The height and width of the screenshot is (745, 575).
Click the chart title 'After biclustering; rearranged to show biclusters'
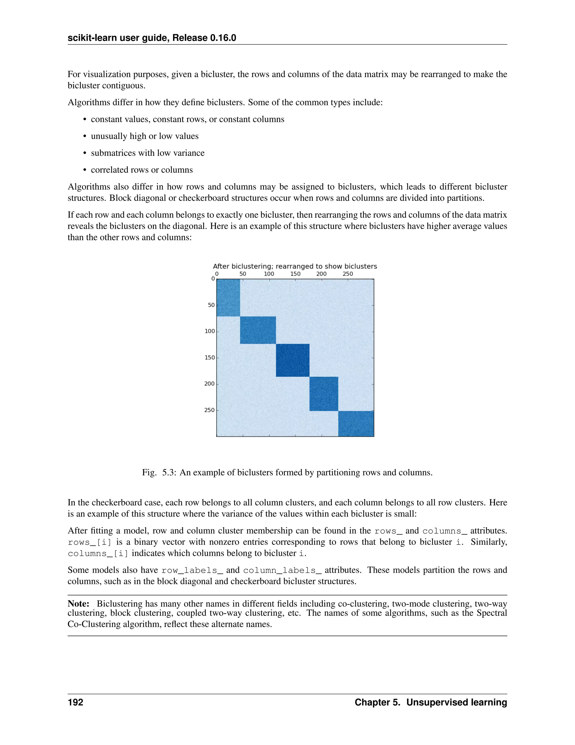[x=295, y=267]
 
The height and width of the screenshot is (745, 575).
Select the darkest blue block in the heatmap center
[x=292, y=360]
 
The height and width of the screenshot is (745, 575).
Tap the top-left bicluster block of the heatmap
[x=228, y=297]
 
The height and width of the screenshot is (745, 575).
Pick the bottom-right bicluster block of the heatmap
[x=356, y=423]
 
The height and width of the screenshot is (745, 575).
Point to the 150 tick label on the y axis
[x=209, y=358]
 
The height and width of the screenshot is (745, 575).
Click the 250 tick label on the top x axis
[x=348, y=274]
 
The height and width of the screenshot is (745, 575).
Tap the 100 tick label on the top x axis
[x=269, y=274]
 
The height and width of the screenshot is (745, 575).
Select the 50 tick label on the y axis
[x=211, y=305]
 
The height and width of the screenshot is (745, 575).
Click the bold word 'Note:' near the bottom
[x=78, y=604]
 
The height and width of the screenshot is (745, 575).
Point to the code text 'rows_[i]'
[x=90, y=542]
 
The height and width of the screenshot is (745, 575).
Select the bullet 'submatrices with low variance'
[x=147, y=153]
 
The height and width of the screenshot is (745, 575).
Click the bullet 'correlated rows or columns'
[x=142, y=170]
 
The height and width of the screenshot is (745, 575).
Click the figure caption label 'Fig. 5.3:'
[x=159, y=473]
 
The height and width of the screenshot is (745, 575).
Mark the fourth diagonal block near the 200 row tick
[x=324, y=394]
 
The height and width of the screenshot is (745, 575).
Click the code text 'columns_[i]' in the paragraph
[x=98, y=553]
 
